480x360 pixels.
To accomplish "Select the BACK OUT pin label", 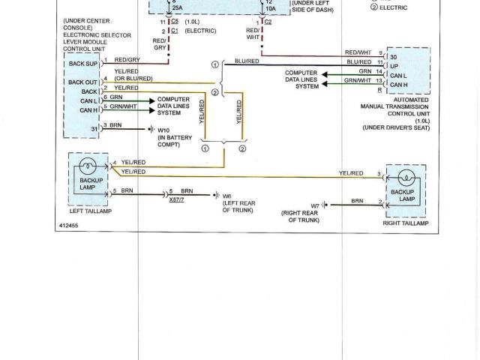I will tap(82, 81).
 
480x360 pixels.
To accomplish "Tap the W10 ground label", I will tap(162, 130).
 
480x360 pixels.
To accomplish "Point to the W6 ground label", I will tap(226, 196).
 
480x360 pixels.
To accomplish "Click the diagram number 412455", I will tap(70, 225).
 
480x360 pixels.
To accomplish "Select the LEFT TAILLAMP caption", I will tap(91, 211).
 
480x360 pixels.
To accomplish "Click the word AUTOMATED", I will tap(412, 100).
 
